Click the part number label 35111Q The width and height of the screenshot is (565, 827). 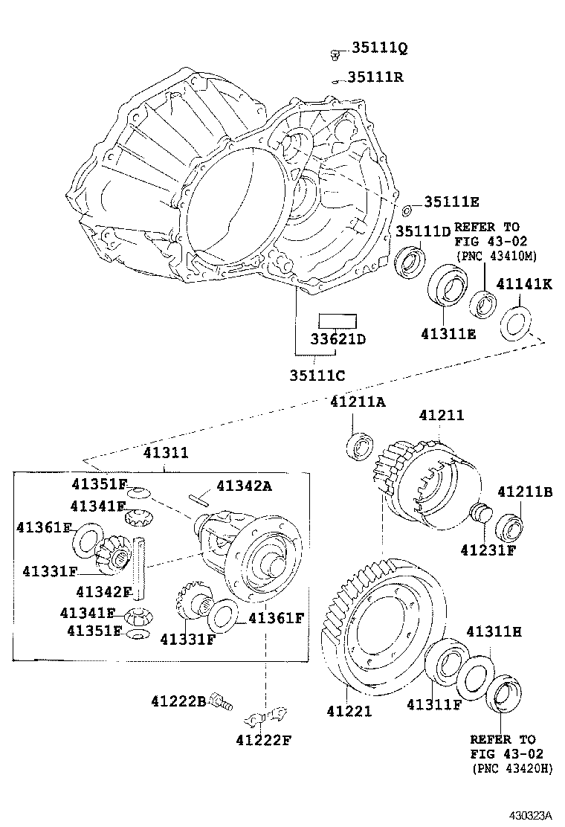[x=380, y=49]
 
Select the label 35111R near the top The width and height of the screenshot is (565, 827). [x=376, y=77]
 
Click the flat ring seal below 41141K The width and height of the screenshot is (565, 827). [x=515, y=324]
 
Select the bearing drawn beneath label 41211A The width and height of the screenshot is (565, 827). [x=359, y=447]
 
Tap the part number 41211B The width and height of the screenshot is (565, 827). [x=525, y=492]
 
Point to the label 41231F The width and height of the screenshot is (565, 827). [x=487, y=550]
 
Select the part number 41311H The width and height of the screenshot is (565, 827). [x=494, y=631]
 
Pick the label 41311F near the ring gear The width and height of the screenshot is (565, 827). [x=433, y=704]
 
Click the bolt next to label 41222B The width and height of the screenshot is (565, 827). [x=221, y=699]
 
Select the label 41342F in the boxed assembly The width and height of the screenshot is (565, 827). [x=104, y=592]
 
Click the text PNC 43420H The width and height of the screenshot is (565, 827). [x=511, y=769]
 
